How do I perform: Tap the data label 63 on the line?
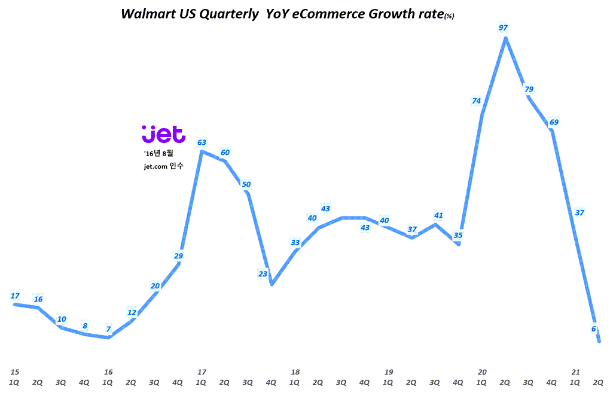click(x=202, y=142)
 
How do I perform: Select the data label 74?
click(x=476, y=101)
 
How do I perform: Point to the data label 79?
click(x=529, y=89)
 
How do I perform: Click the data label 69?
click(x=554, y=123)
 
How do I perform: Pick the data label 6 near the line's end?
click(x=594, y=328)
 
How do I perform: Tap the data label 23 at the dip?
click(x=263, y=274)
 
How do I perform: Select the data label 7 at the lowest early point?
click(x=108, y=329)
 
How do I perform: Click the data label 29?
click(x=178, y=256)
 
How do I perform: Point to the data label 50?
click(x=246, y=184)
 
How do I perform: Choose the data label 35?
click(x=458, y=235)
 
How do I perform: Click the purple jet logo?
click(x=163, y=134)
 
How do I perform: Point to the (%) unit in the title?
click(x=448, y=17)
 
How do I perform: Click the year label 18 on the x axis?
click(x=295, y=371)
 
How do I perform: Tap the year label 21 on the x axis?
click(x=576, y=371)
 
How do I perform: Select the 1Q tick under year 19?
click(x=388, y=382)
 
